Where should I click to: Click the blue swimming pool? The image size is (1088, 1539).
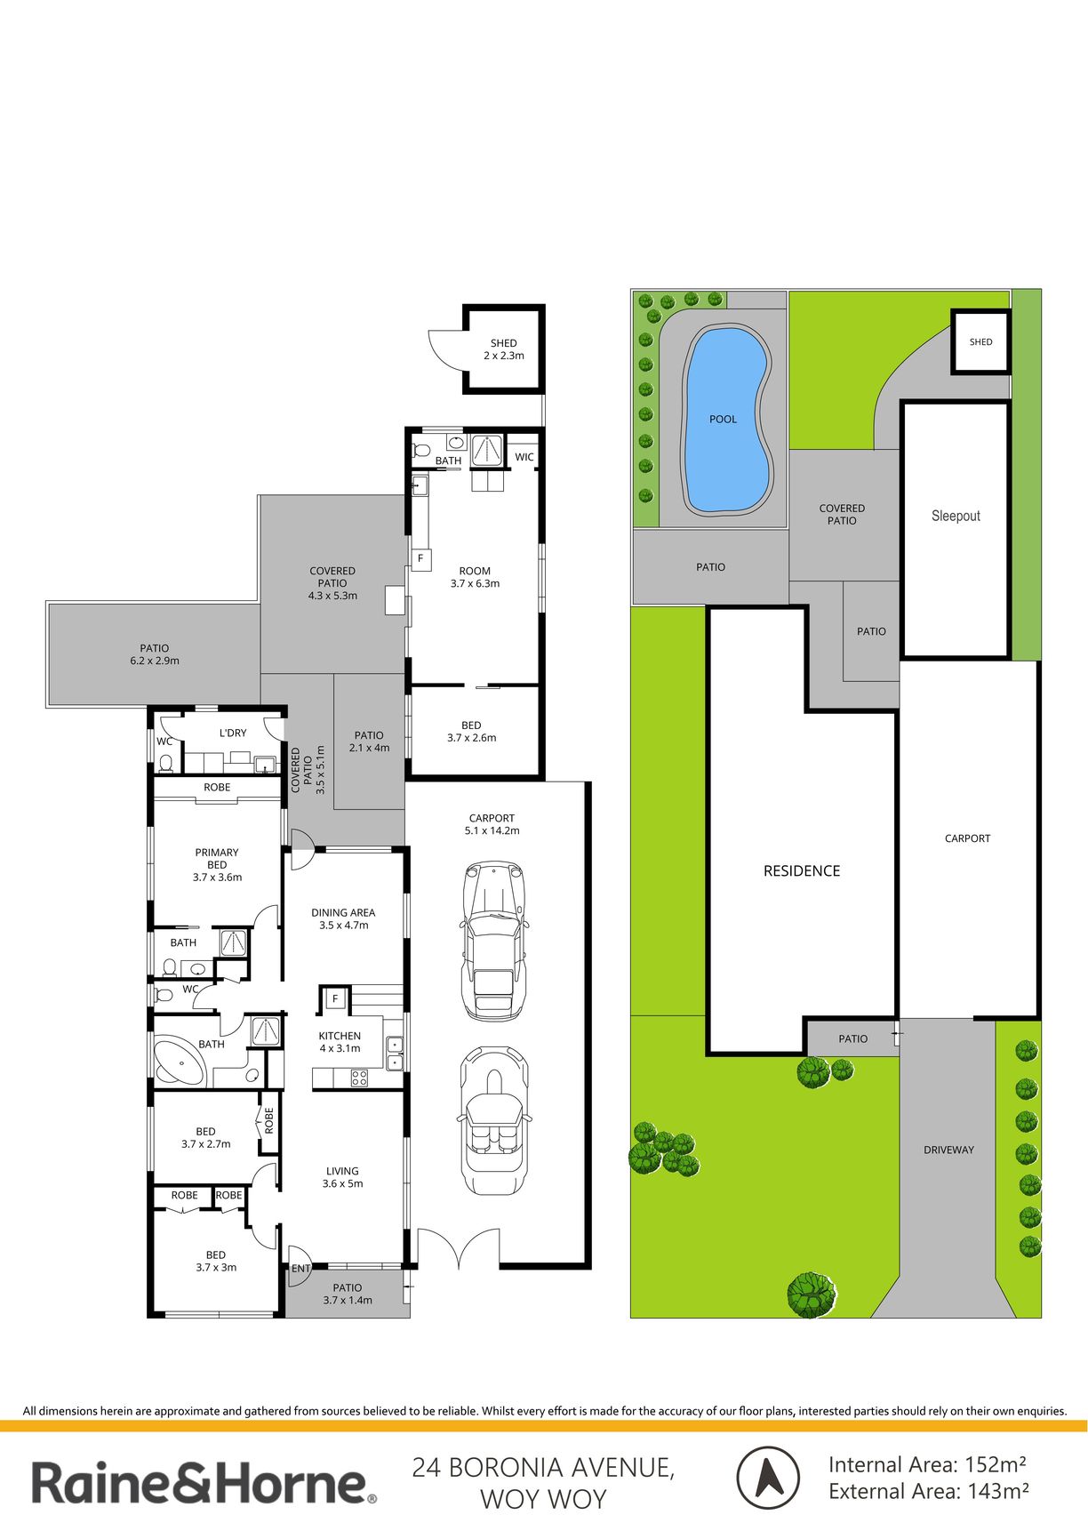tap(724, 420)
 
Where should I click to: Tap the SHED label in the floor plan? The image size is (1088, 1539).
tap(503, 343)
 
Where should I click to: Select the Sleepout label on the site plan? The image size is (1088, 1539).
tap(956, 516)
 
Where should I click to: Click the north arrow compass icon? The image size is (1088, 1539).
tap(768, 1479)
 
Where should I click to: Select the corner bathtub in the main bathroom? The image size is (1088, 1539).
tap(181, 1061)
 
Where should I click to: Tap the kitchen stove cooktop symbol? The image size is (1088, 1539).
tap(360, 1078)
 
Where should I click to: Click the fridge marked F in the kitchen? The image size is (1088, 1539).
tap(335, 999)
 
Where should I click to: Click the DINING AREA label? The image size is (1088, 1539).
tap(343, 912)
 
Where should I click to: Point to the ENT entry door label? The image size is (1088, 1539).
tap(300, 1269)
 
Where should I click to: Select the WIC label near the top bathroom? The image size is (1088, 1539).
tap(524, 457)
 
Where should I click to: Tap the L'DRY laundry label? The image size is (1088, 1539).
tap(233, 733)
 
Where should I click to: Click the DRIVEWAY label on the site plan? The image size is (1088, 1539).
tap(948, 1150)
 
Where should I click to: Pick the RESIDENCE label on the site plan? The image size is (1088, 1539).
tap(802, 871)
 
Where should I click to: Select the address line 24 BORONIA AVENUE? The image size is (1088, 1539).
tap(543, 1467)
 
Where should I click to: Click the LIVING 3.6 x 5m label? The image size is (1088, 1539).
tap(342, 1177)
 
